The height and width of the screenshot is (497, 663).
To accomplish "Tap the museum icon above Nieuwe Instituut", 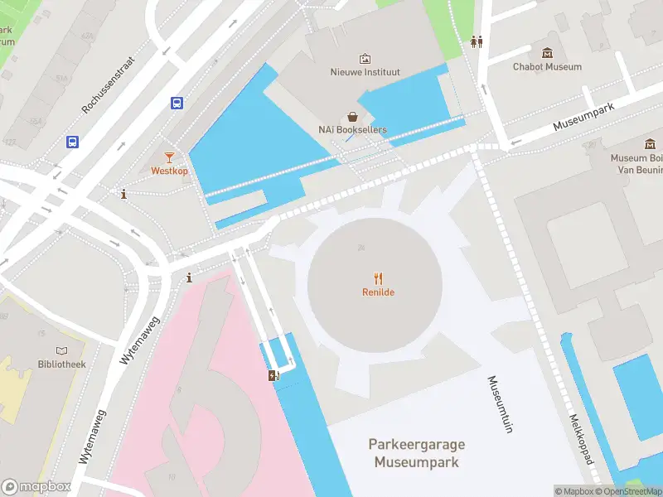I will pos(365,59).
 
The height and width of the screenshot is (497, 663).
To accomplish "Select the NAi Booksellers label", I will pos(352,129).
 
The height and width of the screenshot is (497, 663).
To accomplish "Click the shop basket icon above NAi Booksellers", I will pos(353,117).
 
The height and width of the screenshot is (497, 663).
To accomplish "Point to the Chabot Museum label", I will pos(547,66).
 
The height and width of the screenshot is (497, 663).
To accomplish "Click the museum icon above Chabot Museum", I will pos(547,52).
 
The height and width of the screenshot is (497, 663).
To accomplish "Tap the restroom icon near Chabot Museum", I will pos(477,41).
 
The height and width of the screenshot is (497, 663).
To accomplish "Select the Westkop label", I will pos(169,171).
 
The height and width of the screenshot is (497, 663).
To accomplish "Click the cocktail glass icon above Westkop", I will pos(169,157).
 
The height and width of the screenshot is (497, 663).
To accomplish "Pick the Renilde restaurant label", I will pos(378,292).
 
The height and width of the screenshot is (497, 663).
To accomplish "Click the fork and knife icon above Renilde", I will pos(379,278).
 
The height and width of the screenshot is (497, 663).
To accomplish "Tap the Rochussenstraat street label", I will pos(120,75).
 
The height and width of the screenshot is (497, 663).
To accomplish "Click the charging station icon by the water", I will pos(273,375).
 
